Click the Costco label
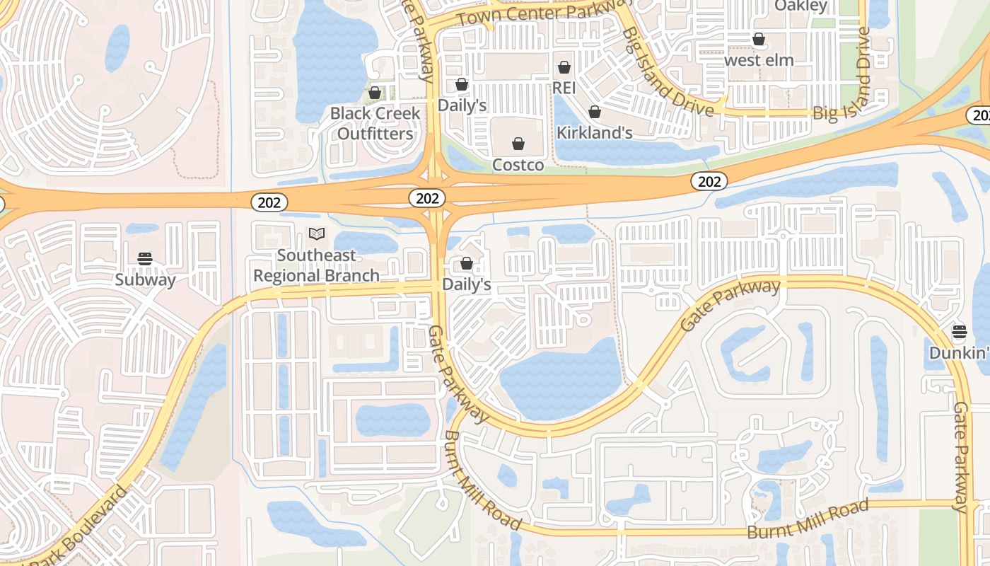click(x=518, y=165)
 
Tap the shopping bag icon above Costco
click(x=518, y=144)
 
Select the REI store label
click(x=564, y=87)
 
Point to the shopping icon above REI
click(x=564, y=67)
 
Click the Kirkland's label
click(x=594, y=132)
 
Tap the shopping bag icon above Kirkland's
click(x=595, y=112)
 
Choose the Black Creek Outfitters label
click(x=375, y=123)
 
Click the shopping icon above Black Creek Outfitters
click(x=375, y=93)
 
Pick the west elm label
click(x=759, y=60)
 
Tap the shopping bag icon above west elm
click(x=759, y=39)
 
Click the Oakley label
click(x=800, y=6)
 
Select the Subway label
click(x=145, y=279)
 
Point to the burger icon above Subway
click(x=145, y=259)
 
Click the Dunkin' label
click(x=959, y=352)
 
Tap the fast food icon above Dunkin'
click(x=959, y=331)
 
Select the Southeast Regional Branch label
click(x=316, y=265)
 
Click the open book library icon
click(x=317, y=233)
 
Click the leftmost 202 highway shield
click(x=269, y=203)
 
